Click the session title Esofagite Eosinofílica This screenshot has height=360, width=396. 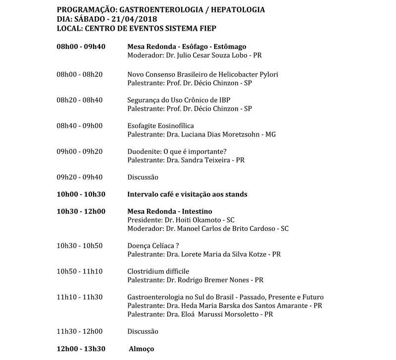pos(161,126)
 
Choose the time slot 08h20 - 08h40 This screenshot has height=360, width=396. pos(80,100)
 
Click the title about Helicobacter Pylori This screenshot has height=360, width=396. pos(202,74)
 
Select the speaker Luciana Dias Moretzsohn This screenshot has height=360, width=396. pos(221,134)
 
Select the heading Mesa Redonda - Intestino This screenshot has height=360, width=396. pos(166,211)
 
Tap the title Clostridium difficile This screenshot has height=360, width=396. pos(158,271)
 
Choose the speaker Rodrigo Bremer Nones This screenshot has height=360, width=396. pos(216,280)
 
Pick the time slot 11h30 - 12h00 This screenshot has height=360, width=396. pos(80,331)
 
